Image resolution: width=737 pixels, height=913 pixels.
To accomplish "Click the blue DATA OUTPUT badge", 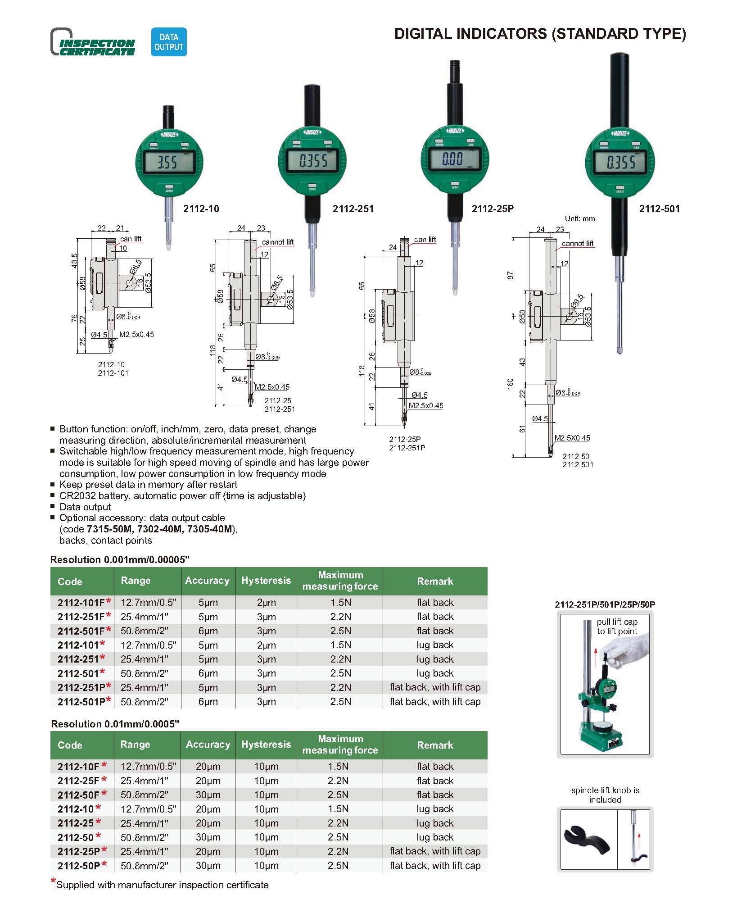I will click(169, 42).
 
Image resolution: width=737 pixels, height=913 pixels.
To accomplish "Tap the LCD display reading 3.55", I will click(169, 162).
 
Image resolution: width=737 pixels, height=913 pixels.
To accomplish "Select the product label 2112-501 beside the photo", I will click(659, 209).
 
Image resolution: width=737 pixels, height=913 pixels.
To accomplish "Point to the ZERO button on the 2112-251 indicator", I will click(312, 185).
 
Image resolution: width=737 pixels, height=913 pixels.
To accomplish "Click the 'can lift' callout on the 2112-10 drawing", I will click(131, 239).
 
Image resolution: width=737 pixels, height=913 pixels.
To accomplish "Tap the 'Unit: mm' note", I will click(580, 219).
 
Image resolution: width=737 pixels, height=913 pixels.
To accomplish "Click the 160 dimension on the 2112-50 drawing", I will click(510, 384).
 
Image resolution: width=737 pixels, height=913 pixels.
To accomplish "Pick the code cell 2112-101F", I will click(81, 603).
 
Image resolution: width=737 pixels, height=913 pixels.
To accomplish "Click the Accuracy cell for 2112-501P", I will click(208, 701).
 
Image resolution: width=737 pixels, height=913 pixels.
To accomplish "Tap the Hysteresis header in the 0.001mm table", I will click(266, 581).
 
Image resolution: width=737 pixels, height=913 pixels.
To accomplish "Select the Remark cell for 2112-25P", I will click(435, 851).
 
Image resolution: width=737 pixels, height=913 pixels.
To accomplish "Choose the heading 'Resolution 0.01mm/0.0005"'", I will click(115, 724).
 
